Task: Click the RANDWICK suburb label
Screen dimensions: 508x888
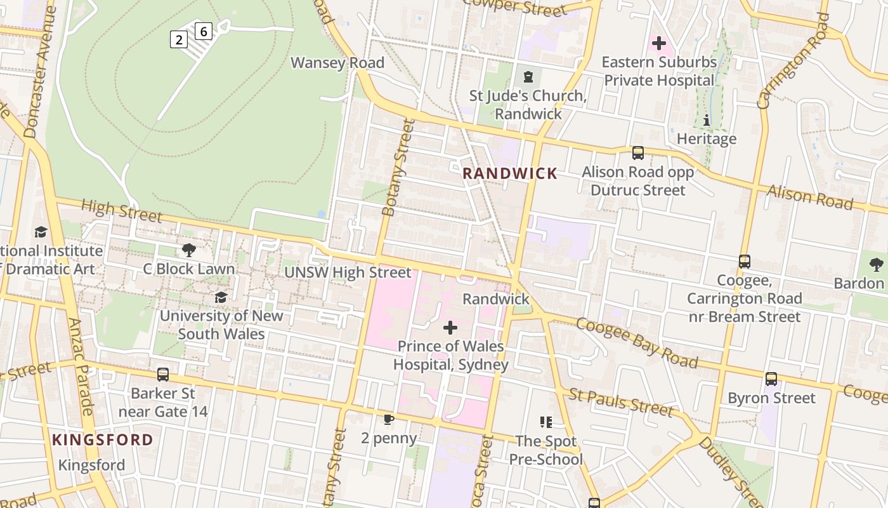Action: point(510,173)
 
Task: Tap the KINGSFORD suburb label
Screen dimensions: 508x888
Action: point(102,439)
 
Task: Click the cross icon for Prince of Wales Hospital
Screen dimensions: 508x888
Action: point(450,328)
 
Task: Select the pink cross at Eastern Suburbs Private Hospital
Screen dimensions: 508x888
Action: point(659,43)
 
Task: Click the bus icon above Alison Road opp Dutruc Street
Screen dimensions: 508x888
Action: point(638,153)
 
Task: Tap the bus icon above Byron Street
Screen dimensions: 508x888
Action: point(771,379)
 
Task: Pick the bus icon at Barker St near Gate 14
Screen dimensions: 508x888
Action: point(163,375)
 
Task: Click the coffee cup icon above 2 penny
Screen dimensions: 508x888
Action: point(389,419)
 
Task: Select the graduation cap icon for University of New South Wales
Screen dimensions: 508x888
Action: point(221,297)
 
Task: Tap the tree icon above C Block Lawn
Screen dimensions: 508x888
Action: point(188,250)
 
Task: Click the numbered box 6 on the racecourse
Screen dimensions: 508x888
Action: point(203,30)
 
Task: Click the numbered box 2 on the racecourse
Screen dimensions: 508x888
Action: point(179,39)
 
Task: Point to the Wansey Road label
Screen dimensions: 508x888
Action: point(337,62)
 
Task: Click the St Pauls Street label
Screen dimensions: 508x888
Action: point(620,403)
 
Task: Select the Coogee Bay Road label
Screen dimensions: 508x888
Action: point(636,343)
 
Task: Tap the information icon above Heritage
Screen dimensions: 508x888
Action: point(706,120)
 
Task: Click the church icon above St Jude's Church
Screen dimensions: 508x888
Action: point(528,77)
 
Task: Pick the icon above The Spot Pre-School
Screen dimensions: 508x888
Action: point(545,422)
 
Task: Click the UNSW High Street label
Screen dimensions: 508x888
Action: point(348,272)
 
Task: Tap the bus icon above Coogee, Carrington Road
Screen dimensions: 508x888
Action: point(745,262)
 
